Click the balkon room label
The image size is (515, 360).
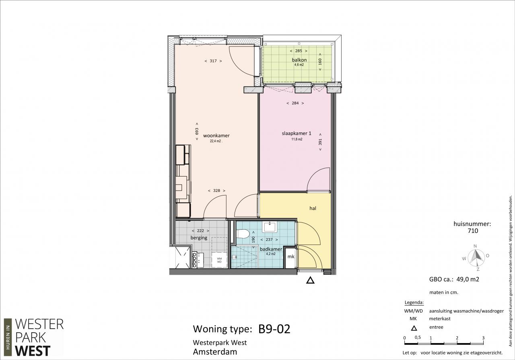299,60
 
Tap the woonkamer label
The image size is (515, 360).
216,136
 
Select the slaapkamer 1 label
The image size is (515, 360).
297,133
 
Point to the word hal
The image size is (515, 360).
313,208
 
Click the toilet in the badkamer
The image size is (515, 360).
243,234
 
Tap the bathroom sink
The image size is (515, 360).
270,227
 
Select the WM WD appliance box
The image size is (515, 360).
219,260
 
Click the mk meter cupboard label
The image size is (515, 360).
291,257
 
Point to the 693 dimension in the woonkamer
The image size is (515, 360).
197,131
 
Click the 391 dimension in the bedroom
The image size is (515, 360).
320,142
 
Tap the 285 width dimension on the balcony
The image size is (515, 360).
299,51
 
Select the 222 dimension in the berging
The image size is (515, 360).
200,230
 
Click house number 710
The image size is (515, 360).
473,231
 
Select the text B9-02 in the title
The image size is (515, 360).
274,329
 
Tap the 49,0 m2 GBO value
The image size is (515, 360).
468,279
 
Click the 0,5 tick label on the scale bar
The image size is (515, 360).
418,337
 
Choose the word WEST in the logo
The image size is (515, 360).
33,351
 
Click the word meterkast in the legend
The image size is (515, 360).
440,319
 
